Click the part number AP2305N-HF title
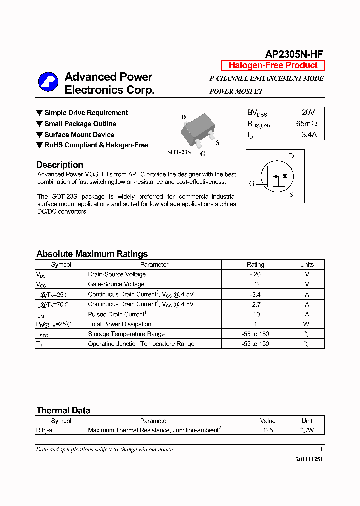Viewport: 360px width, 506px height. [x=294, y=54]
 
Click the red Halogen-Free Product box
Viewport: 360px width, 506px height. [x=273, y=65]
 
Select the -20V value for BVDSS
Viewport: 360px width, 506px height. [x=307, y=113]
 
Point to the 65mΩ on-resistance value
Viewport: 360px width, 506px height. [x=306, y=124]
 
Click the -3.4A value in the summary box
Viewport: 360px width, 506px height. [x=306, y=135]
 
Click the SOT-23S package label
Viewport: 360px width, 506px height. [x=179, y=152]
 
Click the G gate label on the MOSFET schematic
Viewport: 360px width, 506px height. [x=252, y=183]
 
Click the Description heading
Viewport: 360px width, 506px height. [x=60, y=165]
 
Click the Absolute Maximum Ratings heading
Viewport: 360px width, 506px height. [x=92, y=254]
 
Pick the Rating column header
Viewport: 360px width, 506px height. [x=255, y=265]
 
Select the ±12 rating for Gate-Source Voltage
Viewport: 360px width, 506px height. [x=255, y=284]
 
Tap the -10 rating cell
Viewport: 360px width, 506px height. [x=255, y=314]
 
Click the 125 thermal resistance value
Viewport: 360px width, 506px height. [x=268, y=430]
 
